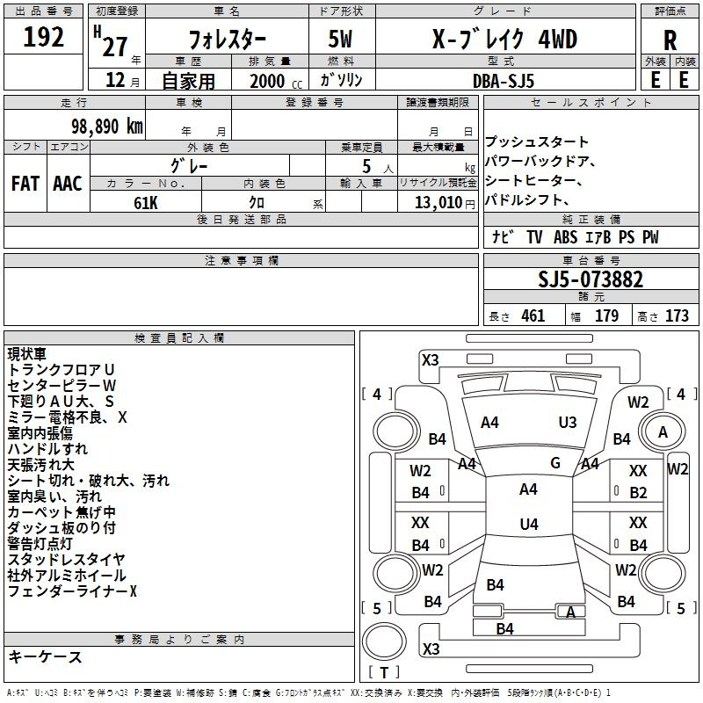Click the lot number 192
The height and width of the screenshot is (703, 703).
pyautogui.click(x=43, y=37)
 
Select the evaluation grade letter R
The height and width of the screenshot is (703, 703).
pyautogui.click(x=670, y=40)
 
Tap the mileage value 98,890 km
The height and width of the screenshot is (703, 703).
pyautogui.click(x=106, y=127)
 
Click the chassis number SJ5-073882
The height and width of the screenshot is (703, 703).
pyautogui.click(x=591, y=279)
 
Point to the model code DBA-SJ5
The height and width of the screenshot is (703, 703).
pyautogui.click(x=504, y=81)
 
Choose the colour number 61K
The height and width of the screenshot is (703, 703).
pyautogui.click(x=145, y=203)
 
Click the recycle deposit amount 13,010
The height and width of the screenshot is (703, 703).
pyautogui.click(x=438, y=202)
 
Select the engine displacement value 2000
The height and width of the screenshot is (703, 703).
pyautogui.click(x=267, y=81)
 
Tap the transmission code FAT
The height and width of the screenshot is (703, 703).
pyautogui.click(x=25, y=184)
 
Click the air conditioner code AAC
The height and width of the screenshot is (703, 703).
pyautogui.click(x=68, y=184)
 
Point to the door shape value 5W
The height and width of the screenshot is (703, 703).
pyautogui.click(x=340, y=39)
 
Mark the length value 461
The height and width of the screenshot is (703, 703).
pyautogui.click(x=533, y=315)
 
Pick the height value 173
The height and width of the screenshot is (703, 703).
pyautogui.click(x=677, y=315)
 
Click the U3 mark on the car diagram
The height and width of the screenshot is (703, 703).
pyautogui.click(x=568, y=422)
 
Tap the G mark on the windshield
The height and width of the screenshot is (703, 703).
pyautogui.click(x=555, y=462)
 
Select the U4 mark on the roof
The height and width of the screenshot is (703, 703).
pyautogui.click(x=529, y=524)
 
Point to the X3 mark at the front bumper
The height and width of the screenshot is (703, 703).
pyautogui.click(x=431, y=360)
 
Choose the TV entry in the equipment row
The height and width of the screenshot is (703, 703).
pyautogui.click(x=534, y=236)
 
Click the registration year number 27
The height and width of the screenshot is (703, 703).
pyautogui.click(x=115, y=47)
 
